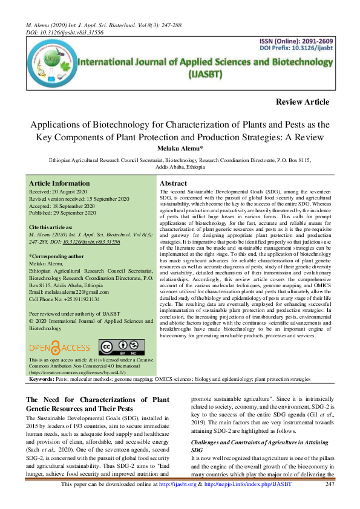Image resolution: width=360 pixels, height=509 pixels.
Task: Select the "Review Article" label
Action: (x=301, y=102)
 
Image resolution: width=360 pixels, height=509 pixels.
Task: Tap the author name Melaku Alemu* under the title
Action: (x=180, y=149)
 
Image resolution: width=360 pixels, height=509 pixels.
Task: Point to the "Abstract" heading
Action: (x=172, y=183)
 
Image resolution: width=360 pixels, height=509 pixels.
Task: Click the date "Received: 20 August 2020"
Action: (x=58, y=191)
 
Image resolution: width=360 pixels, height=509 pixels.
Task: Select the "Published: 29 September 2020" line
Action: (x=62, y=213)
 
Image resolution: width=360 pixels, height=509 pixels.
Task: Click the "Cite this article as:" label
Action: (x=53, y=226)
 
